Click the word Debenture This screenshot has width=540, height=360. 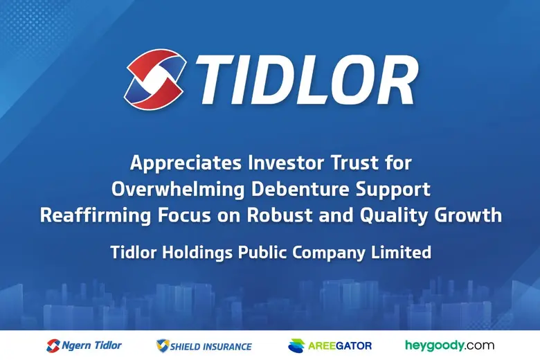click(301, 189)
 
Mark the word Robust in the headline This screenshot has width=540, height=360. click(274, 215)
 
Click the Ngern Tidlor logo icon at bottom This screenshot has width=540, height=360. click(53, 345)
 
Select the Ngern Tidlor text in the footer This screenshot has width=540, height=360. click(91, 345)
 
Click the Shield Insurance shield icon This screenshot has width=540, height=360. click(163, 345)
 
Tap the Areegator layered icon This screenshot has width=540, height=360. click(296, 345)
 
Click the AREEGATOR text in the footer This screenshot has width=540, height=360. click(340, 345)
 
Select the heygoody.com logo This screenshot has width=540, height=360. click(449, 345)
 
